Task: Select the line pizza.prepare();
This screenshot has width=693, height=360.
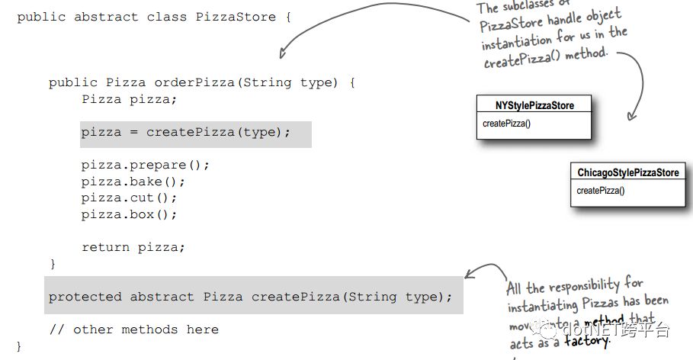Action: click(x=145, y=165)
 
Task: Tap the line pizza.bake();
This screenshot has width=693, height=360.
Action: click(x=133, y=182)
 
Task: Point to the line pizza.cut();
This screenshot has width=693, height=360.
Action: click(x=129, y=198)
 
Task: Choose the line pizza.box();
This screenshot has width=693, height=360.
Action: click(x=129, y=214)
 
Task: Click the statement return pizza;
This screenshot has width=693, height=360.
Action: click(x=133, y=247)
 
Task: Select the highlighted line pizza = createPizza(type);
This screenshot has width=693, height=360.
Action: click(x=186, y=132)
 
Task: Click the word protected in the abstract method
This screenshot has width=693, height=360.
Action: click(x=85, y=297)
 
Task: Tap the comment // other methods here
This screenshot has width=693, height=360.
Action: click(x=133, y=329)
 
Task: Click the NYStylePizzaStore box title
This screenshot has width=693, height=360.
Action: click(x=534, y=105)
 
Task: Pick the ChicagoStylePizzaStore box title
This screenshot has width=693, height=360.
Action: click(x=627, y=173)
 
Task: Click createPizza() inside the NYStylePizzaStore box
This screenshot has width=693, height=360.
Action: click(x=506, y=123)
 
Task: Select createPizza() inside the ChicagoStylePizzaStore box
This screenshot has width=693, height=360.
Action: click(x=601, y=191)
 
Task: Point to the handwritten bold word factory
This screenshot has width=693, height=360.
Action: click(x=587, y=341)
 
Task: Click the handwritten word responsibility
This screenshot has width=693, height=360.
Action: click(x=584, y=286)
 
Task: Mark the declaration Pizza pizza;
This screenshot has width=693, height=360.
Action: click(x=129, y=99)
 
